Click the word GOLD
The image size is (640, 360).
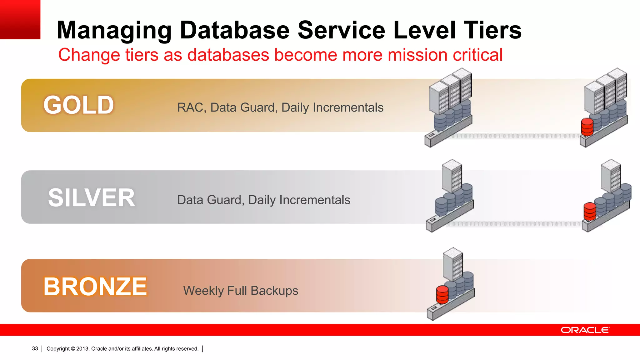tap(78, 105)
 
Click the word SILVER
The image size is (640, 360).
tap(91, 198)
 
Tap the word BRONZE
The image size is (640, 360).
tap(95, 287)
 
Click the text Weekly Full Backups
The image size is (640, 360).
tap(241, 291)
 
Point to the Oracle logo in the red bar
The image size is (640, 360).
tap(585, 330)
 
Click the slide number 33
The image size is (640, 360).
tap(35, 348)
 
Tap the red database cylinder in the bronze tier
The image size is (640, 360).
tap(442, 294)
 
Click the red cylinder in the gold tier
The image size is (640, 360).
tap(587, 127)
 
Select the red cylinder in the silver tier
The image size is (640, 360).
tap(590, 212)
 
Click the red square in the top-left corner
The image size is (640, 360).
tap(20, 19)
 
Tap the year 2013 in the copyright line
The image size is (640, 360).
tap(82, 348)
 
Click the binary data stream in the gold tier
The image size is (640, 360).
tap(516, 136)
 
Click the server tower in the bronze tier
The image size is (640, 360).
tap(453, 264)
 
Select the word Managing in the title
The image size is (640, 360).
tap(114, 31)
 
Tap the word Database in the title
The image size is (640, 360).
tap(235, 30)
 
